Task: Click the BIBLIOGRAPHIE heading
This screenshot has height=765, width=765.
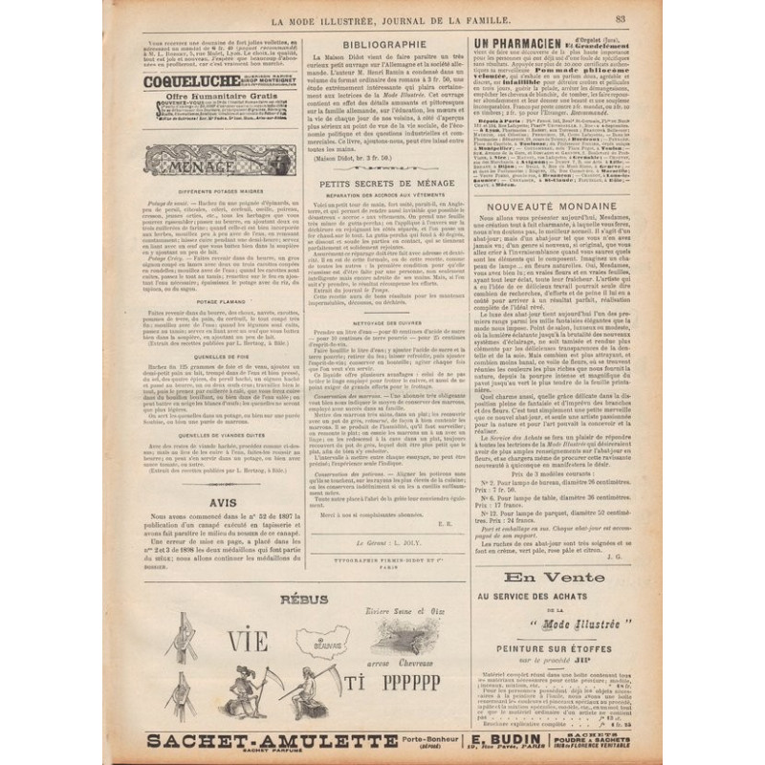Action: [x=385, y=43]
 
